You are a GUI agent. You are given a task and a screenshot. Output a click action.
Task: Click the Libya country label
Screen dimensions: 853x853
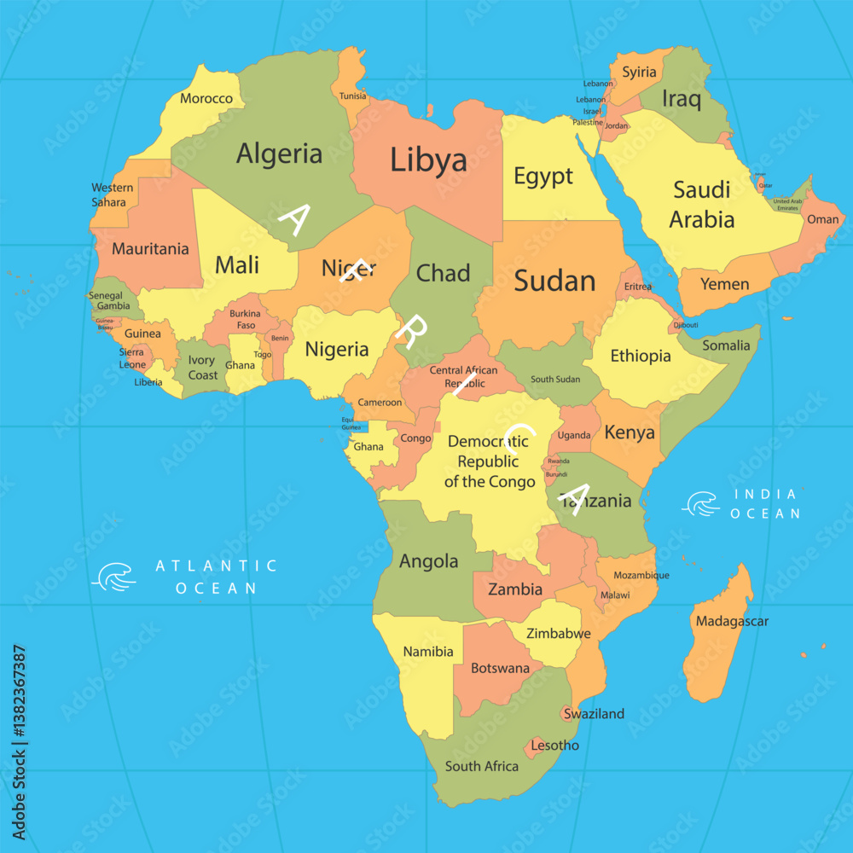pos(428,160)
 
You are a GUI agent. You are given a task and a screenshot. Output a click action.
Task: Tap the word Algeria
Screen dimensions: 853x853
pos(280,154)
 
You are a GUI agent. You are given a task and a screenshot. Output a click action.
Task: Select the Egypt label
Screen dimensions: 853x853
pos(543,177)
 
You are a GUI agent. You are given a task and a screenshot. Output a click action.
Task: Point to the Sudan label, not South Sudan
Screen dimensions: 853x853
pos(555,281)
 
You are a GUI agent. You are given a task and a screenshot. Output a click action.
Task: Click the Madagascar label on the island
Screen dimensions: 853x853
pos(732,621)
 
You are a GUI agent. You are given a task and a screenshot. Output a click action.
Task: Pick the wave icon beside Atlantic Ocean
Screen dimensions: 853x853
pos(113,577)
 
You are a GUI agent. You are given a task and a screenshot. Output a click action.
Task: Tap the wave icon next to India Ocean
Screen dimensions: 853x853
pos(700,504)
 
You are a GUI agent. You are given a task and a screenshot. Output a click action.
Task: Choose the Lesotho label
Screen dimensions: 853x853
pos(554,746)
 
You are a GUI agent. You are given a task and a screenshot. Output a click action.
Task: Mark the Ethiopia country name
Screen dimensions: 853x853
pos(641,356)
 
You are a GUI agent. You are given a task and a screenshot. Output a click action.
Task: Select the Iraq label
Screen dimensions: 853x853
pos(682,99)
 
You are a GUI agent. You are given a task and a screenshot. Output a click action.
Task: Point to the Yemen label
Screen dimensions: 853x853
pos(725,284)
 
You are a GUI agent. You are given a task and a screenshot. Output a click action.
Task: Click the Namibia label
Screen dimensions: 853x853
pos(428,652)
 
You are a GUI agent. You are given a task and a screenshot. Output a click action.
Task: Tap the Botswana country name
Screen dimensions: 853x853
pos(501,668)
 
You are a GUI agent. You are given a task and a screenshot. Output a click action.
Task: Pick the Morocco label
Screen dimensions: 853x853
pos(206,98)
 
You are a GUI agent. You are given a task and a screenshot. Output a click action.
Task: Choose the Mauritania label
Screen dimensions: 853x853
pos(150,249)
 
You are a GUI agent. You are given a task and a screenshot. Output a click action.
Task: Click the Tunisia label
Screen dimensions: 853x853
pos(352,96)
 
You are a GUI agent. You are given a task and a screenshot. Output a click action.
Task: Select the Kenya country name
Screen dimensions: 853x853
pos(630,432)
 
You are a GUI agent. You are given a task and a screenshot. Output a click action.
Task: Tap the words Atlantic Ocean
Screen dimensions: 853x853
pos(216,577)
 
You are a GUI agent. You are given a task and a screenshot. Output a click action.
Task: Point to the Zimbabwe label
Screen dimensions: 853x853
pos(559,634)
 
